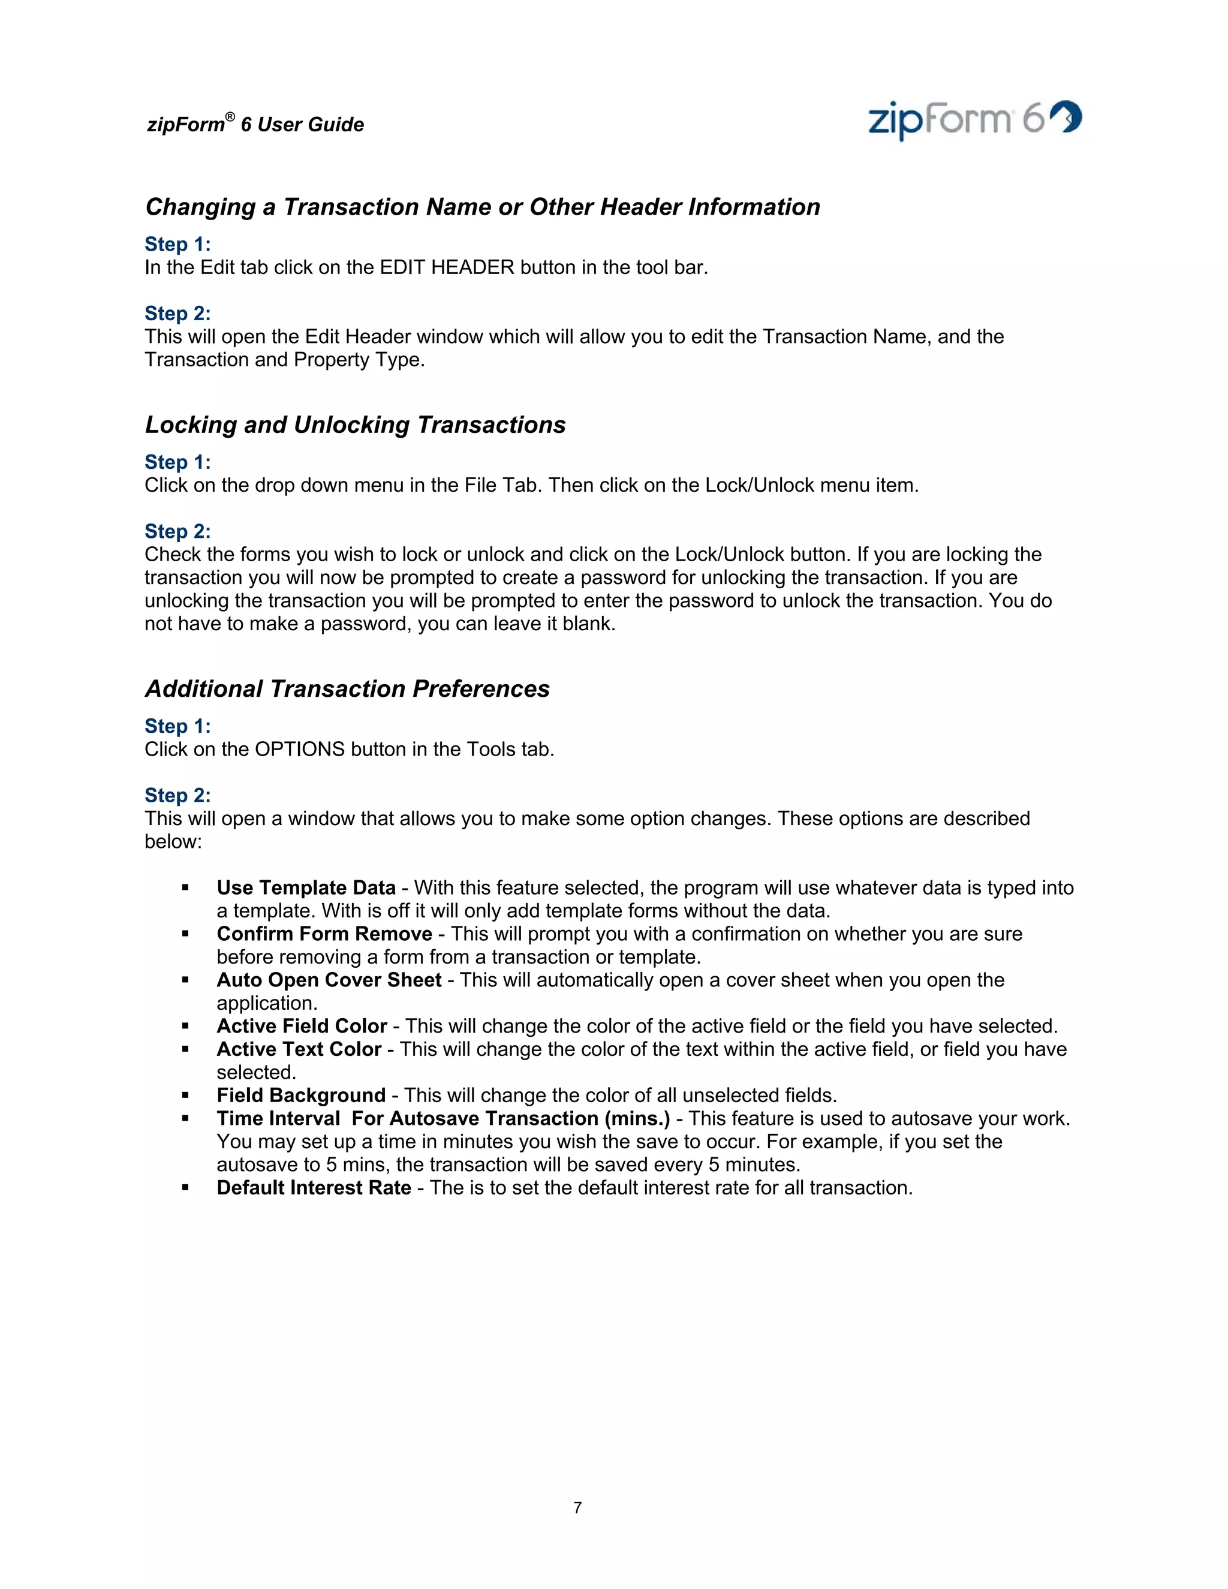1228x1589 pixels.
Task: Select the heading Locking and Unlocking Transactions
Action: click(x=355, y=425)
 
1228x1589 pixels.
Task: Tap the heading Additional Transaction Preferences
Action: click(x=347, y=689)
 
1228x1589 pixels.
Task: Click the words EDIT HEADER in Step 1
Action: click(x=447, y=268)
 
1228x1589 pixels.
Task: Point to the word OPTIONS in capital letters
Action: click(x=299, y=750)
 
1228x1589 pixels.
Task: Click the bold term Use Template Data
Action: click(x=306, y=887)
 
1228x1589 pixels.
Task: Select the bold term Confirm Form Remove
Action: click(x=324, y=934)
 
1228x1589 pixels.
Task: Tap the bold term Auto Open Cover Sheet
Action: click(x=329, y=980)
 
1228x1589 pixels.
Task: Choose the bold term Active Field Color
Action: click(x=301, y=1026)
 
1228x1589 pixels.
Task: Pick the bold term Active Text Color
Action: click(x=299, y=1049)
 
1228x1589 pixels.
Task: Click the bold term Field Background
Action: click(x=301, y=1095)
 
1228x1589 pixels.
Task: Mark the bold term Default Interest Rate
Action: click(x=314, y=1187)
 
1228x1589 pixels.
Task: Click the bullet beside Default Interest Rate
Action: click(x=185, y=1188)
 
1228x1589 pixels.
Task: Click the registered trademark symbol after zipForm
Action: click(x=230, y=117)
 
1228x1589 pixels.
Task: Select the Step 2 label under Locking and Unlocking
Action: click(x=177, y=531)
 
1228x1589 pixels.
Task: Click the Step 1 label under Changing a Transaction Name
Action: click(x=177, y=245)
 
